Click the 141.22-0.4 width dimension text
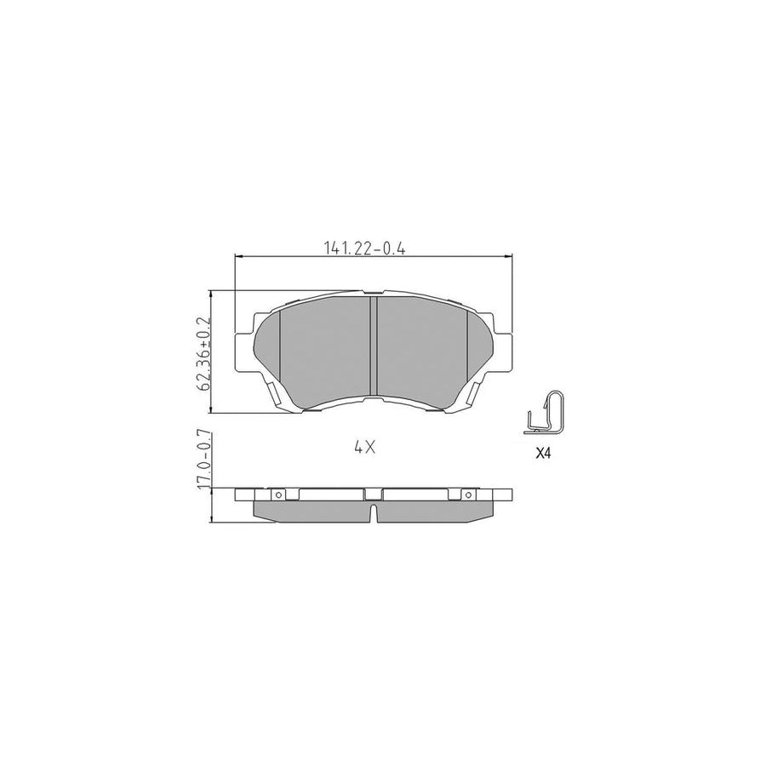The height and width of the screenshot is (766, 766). tap(363, 248)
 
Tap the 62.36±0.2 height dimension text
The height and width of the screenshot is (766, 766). tap(203, 353)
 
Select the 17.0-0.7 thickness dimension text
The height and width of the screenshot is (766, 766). tap(203, 461)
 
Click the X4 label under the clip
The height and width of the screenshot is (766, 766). tap(544, 454)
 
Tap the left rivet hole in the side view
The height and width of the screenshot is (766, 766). tap(277, 494)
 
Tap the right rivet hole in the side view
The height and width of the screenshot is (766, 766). tap(466, 494)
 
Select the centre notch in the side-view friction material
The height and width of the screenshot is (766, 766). tap(373, 513)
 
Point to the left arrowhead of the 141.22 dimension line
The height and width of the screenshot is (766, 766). tap(237, 255)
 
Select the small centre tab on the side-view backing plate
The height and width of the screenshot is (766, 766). tap(373, 494)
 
